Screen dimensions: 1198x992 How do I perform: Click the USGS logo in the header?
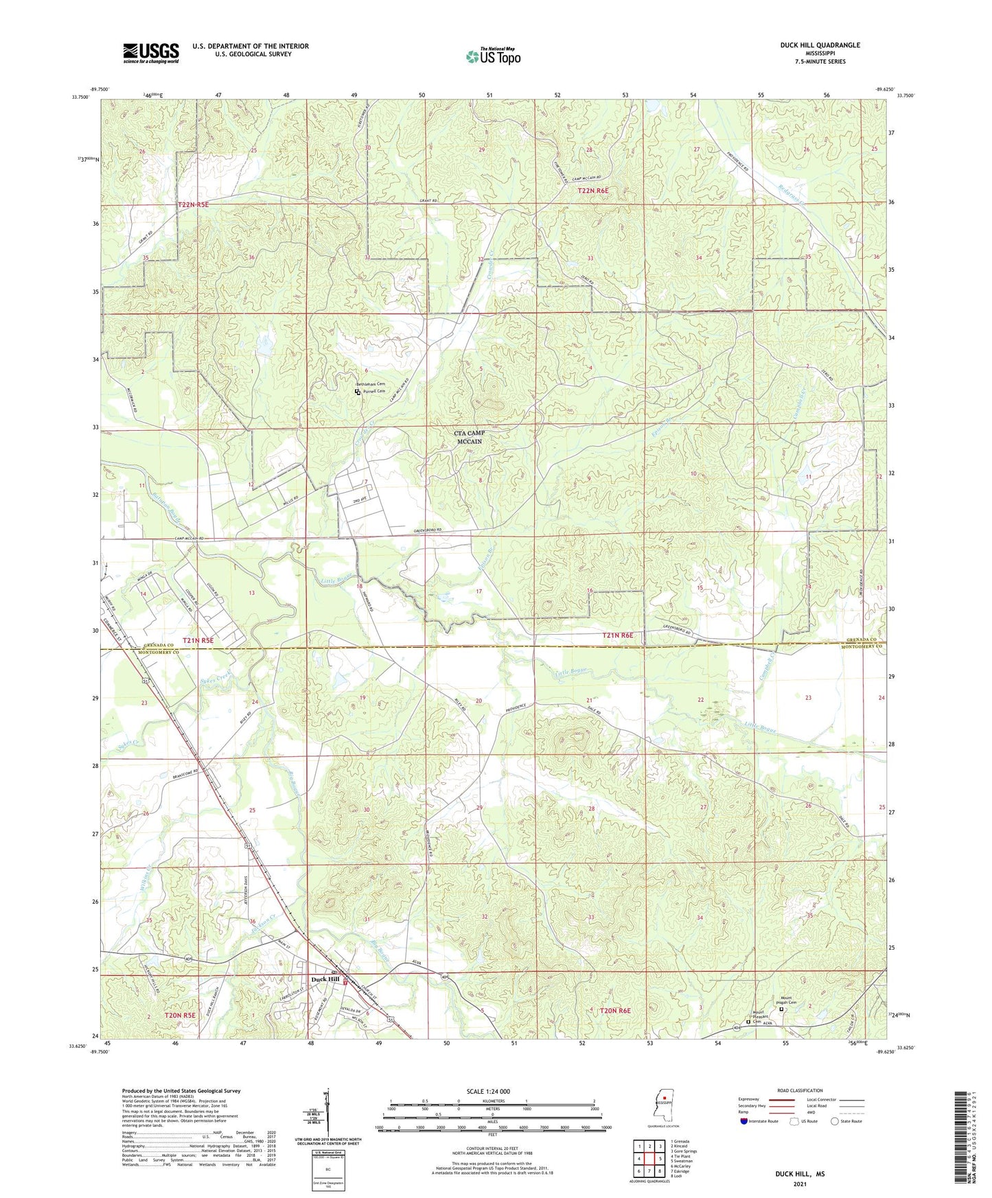coord(151,52)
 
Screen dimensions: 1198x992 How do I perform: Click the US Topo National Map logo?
coord(492,56)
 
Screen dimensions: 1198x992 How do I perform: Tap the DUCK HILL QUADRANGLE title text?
coord(820,45)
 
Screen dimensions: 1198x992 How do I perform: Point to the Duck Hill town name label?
coord(325,979)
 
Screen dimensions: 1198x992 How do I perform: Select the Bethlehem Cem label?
coord(370,384)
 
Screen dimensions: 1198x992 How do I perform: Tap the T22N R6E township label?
coord(594,191)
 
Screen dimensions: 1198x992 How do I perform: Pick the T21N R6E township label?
coord(619,635)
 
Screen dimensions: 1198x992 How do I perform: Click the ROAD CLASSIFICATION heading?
coord(800,1090)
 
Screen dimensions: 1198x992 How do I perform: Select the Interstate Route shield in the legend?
coord(746,1122)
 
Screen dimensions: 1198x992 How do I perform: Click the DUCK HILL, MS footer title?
coord(800,1174)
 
